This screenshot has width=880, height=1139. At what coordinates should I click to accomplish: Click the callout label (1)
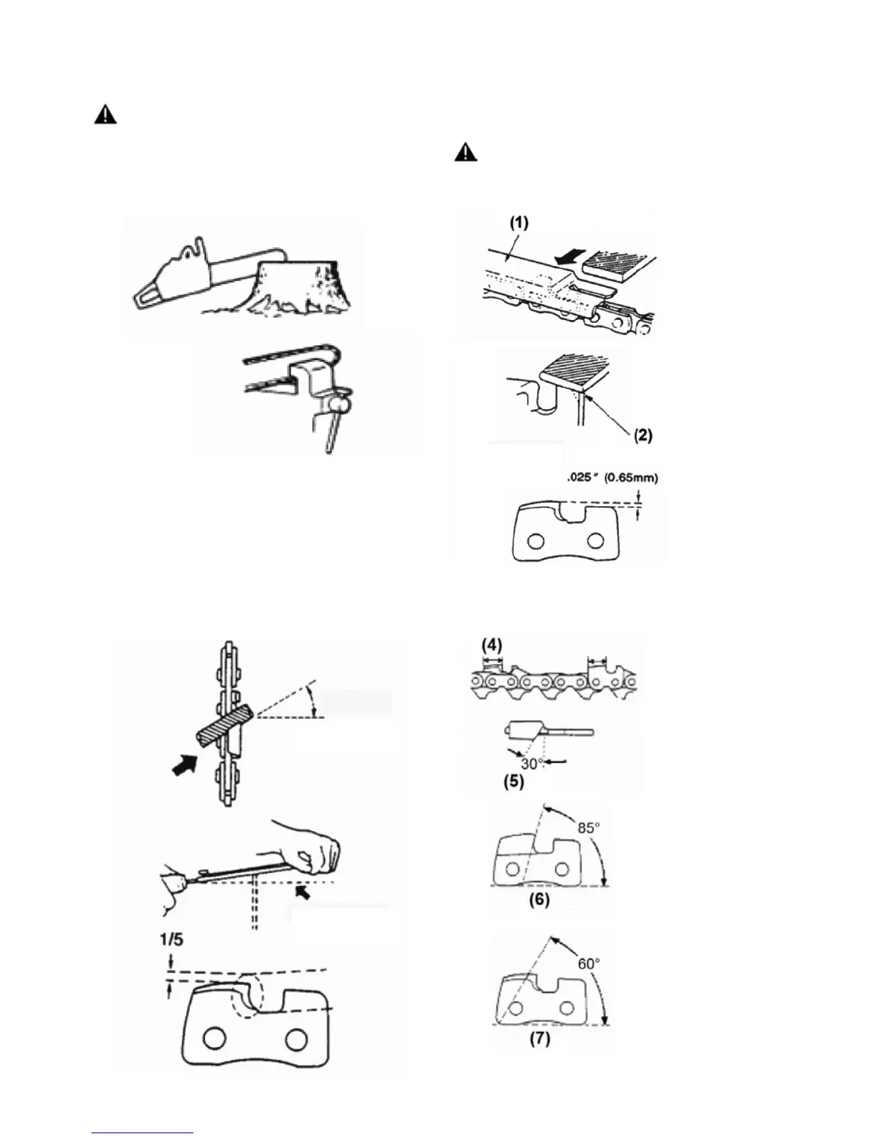(518, 223)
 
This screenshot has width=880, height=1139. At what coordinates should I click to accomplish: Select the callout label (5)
(513, 782)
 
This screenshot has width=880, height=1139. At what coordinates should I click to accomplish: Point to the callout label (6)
(539, 900)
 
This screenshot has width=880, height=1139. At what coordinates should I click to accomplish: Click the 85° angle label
(588, 828)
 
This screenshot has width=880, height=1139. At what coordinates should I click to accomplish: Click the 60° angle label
(588, 963)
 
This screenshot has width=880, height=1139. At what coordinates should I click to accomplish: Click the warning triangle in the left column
(105, 116)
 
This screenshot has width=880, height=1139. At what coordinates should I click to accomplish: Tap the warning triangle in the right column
(467, 153)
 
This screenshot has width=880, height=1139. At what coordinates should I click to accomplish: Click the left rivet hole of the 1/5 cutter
(212, 1039)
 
